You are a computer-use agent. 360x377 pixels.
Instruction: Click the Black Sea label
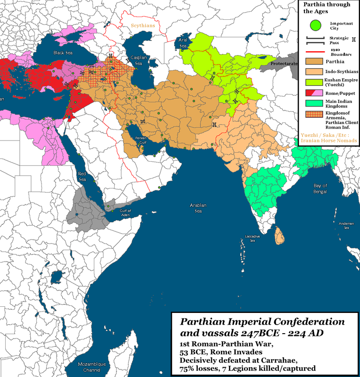[62, 53]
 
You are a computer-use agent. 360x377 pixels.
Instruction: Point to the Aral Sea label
[184, 43]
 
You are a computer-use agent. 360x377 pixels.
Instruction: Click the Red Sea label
[83, 176]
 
